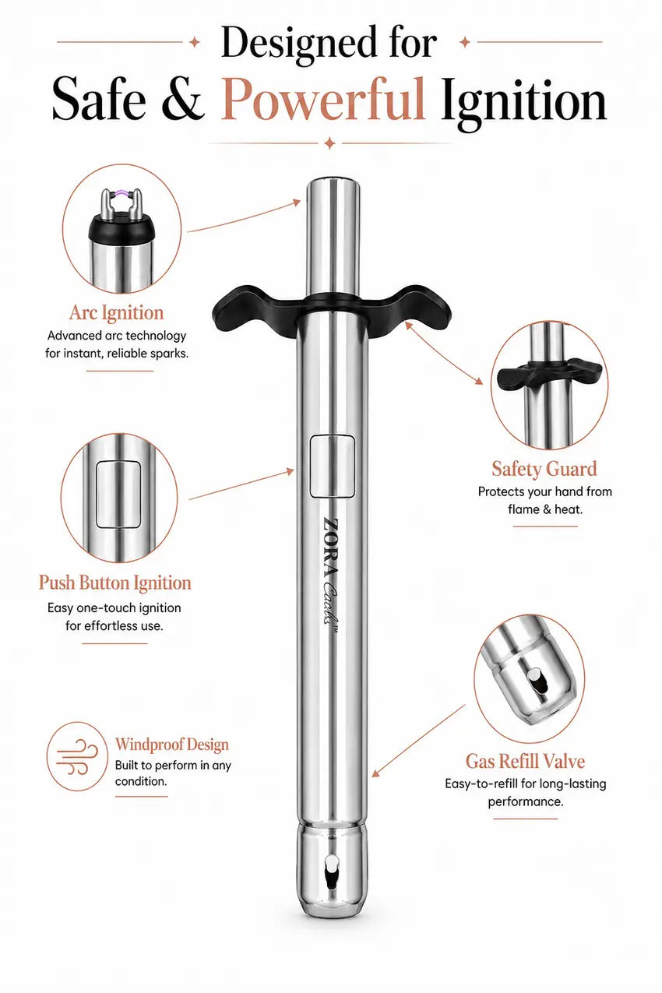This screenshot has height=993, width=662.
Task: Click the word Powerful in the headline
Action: [x=322, y=100]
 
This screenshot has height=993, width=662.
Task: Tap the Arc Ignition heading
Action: [x=117, y=313]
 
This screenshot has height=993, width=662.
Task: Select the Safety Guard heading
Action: [x=544, y=469]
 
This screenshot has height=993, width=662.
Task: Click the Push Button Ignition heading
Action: [x=114, y=583]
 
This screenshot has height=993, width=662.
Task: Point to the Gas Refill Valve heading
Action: [x=525, y=761]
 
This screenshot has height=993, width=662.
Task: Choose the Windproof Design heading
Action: [x=172, y=745]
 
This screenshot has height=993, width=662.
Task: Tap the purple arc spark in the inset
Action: [x=121, y=194]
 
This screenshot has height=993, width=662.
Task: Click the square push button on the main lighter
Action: [x=332, y=466]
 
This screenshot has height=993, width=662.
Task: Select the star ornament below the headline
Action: [x=329, y=143]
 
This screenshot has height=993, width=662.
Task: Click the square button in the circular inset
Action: [x=118, y=495]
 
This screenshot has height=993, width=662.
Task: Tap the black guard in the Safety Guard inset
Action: [x=549, y=375]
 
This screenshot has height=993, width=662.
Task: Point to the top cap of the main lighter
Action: [x=333, y=188]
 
